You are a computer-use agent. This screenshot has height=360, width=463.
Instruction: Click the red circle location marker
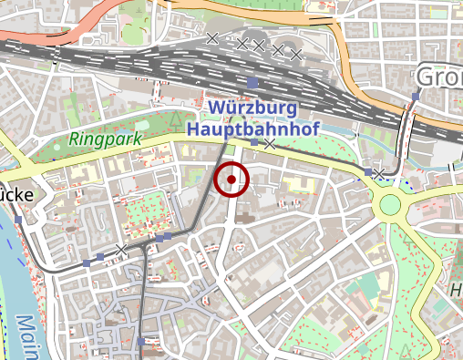click(x=231, y=179)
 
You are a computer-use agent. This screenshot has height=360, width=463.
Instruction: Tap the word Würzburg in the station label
click(x=252, y=108)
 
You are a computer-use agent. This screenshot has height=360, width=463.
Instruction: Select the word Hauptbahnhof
click(x=252, y=129)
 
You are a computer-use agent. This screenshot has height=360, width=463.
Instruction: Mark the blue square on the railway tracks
click(x=252, y=84)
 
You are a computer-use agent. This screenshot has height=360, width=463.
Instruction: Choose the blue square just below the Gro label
click(x=416, y=96)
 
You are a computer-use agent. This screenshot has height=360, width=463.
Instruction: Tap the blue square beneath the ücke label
click(x=18, y=219)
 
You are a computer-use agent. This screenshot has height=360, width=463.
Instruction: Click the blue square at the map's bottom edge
click(x=141, y=342)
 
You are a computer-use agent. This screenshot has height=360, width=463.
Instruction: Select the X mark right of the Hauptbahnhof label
click(x=270, y=144)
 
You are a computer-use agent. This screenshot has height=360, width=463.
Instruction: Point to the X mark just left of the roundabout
click(x=377, y=172)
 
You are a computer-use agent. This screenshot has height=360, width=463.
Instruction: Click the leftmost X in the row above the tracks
click(x=212, y=37)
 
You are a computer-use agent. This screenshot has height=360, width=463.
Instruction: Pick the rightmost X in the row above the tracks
click(x=295, y=54)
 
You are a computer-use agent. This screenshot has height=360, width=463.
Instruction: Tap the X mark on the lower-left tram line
click(x=121, y=249)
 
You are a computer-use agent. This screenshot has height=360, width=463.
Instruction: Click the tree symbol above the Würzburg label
click(x=172, y=117)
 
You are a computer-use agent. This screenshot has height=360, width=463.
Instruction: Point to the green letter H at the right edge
click(x=456, y=292)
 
